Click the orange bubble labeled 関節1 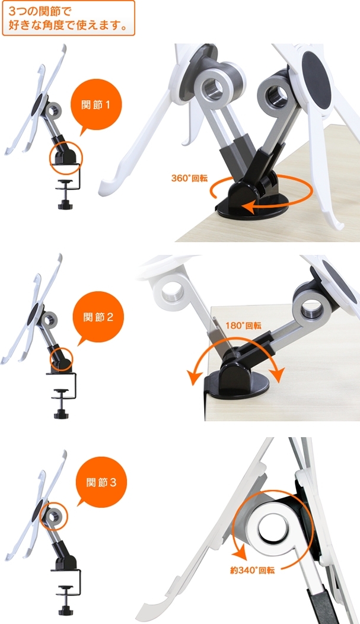(96, 104)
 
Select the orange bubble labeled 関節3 (101, 482)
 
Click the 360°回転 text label (189, 178)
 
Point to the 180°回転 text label (243, 326)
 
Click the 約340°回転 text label (252, 570)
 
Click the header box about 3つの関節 (68, 18)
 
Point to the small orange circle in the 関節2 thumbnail (61, 359)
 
